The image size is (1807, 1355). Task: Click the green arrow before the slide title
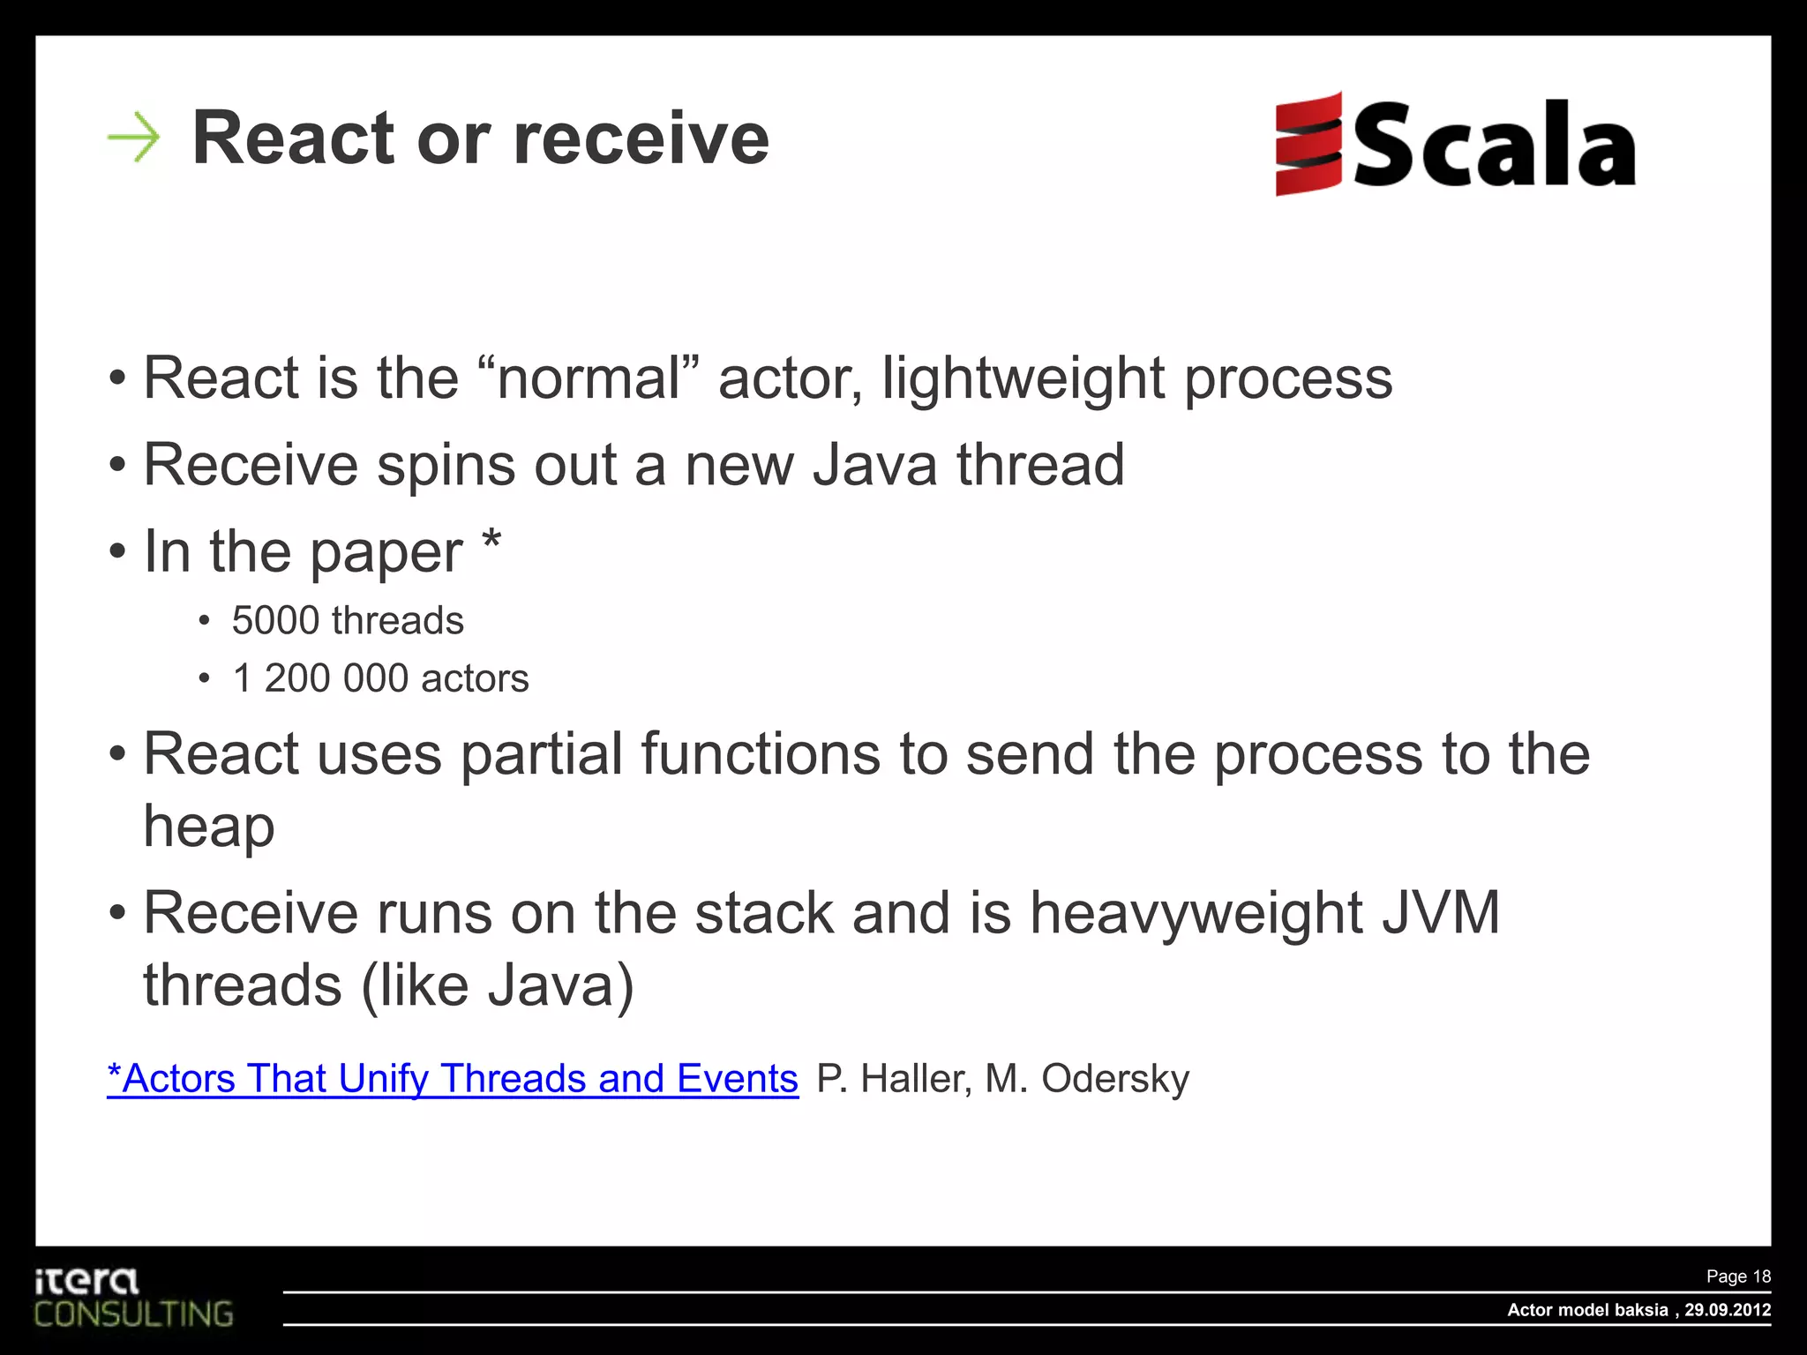pos(134,138)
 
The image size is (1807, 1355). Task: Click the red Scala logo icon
pos(1308,144)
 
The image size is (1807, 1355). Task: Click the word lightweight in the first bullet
pos(1023,379)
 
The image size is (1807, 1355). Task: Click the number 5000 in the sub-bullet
pos(274,621)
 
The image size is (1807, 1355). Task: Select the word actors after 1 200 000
pos(475,678)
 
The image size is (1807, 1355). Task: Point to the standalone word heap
pos(209,828)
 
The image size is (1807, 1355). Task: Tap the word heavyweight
pos(1196,913)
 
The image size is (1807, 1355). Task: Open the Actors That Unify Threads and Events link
pos(453,1079)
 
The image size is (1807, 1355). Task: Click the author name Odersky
pos(1115,1079)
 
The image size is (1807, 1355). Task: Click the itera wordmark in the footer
pos(86,1280)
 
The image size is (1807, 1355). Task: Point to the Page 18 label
pos(1737,1276)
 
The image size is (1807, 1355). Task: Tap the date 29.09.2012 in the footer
pos(1727,1310)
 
